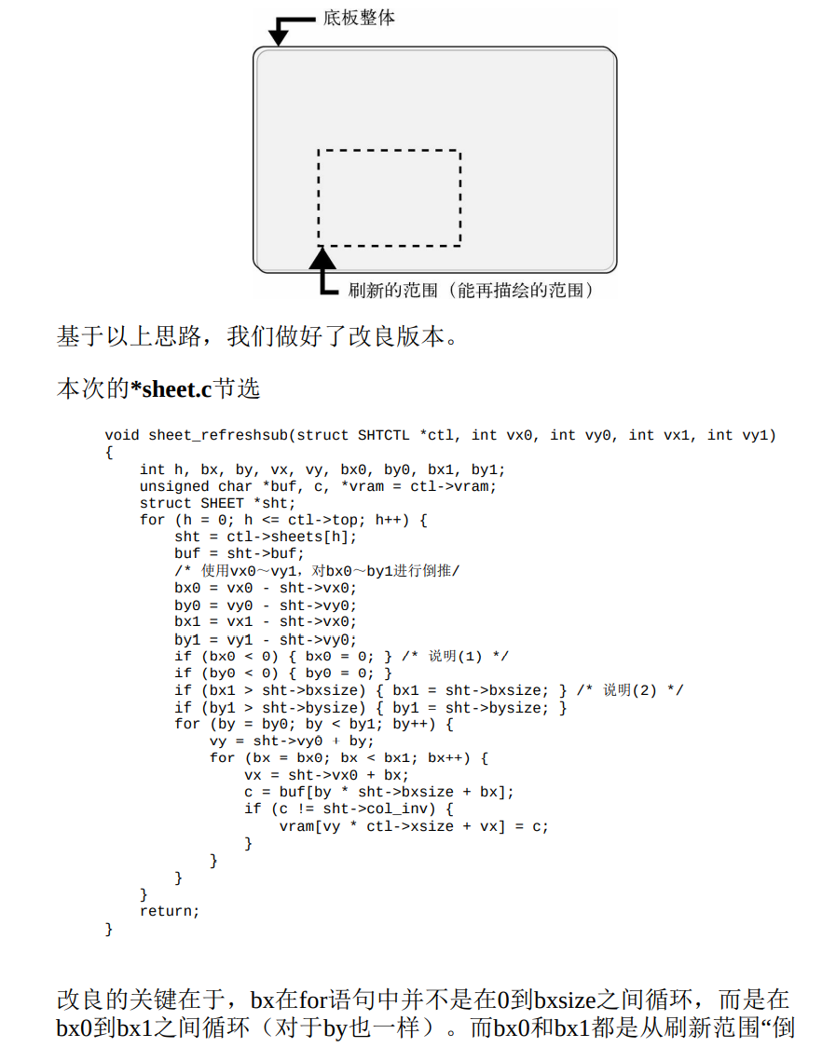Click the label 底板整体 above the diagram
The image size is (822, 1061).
(359, 18)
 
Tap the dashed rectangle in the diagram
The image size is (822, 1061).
(390, 151)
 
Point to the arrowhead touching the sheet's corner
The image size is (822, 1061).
(279, 38)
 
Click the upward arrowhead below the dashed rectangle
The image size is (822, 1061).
(322, 257)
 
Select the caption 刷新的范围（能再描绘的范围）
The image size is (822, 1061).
(470, 291)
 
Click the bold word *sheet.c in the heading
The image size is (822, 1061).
(171, 388)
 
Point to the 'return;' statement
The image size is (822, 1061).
(170, 911)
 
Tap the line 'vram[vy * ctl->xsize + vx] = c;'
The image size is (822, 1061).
(414, 826)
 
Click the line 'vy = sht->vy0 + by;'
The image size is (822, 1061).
(292, 741)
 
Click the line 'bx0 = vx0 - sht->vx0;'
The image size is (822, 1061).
(266, 588)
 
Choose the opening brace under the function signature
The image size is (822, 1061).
(109, 452)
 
